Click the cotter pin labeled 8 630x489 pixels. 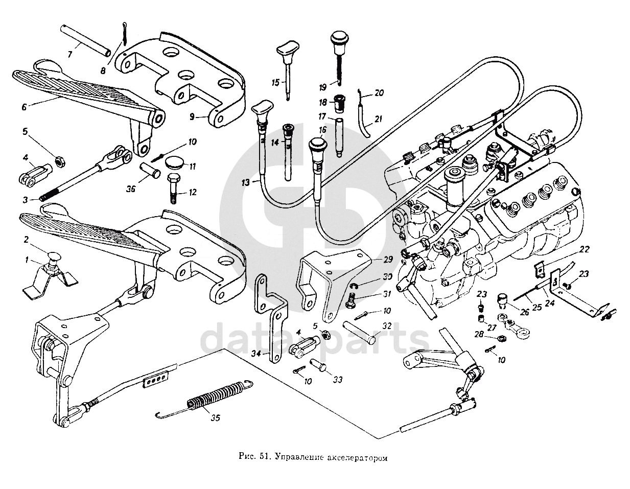tap(125, 36)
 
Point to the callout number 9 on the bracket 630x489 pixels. tap(192, 117)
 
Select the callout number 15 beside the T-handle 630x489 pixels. tap(276, 82)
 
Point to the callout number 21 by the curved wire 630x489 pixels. tap(378, 119)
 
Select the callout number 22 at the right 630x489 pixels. tap(585, 249)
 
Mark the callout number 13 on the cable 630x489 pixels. tap(247, 182)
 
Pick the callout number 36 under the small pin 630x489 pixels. tap(131, 189)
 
